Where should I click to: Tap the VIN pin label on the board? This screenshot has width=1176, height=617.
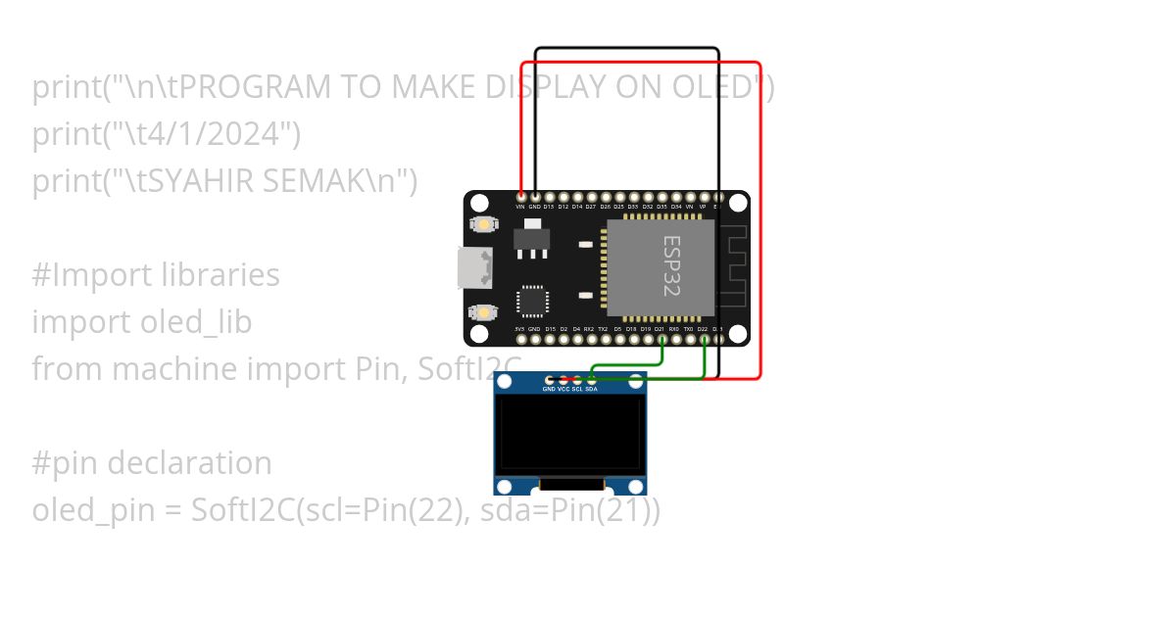520,207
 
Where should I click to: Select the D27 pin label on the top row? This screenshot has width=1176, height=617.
591,207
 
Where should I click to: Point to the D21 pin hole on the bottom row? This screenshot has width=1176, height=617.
662,339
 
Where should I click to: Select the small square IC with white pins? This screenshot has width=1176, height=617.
533,301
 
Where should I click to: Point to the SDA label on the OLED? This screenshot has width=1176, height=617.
591,389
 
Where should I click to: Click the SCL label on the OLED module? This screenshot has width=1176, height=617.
577,389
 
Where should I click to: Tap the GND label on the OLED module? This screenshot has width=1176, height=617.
549,389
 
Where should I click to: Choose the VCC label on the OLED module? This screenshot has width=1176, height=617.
563,389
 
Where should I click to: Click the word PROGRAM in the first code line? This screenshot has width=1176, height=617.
257,88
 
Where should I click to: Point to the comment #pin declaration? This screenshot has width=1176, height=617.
152,463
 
